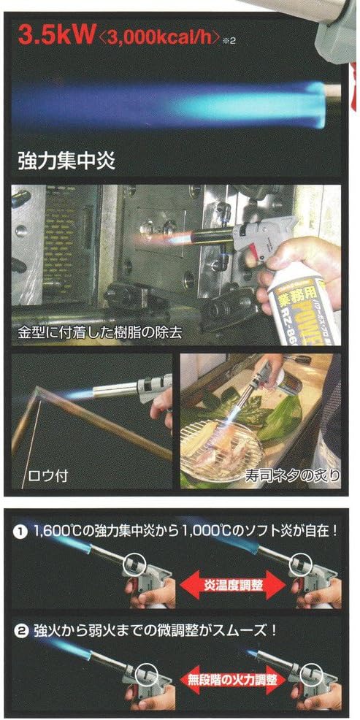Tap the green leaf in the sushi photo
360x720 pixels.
(274, 424)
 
